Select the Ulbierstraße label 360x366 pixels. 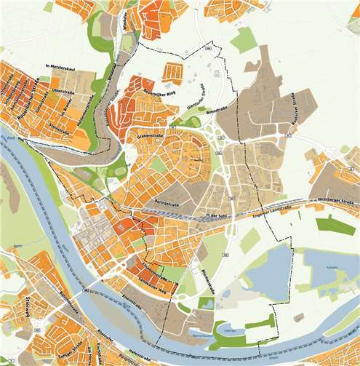(64, 92)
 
